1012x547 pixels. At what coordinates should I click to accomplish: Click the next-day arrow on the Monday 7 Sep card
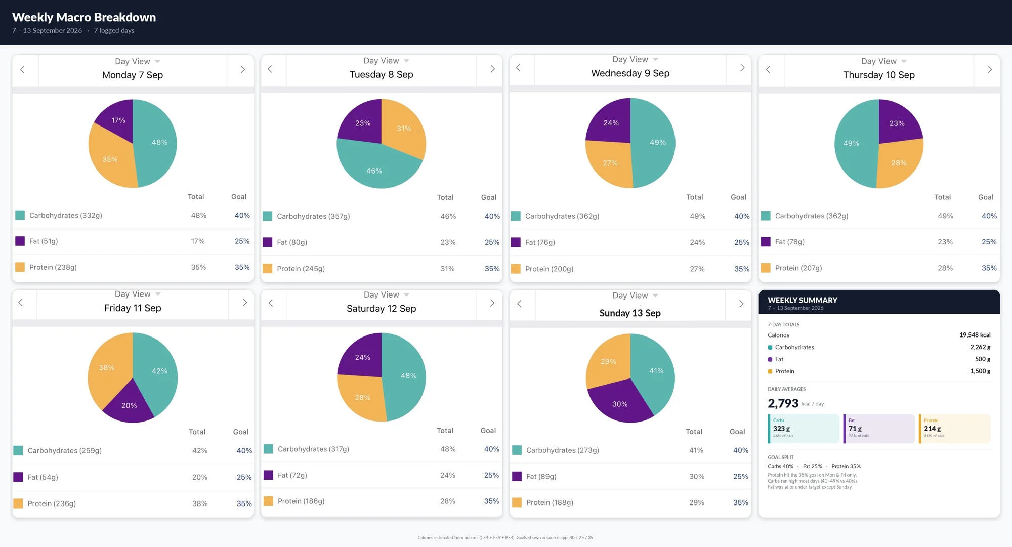tap(242, 69)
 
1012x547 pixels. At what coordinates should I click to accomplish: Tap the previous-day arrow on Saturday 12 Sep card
tap(271, 303)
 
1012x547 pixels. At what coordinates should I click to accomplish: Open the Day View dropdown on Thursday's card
tap(883, 61)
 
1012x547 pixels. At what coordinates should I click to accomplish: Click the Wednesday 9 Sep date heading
tap(630, 73)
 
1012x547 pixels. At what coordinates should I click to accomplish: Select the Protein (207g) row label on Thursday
tap(798, 268)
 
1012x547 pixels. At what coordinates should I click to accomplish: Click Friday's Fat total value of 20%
tap(200, 477)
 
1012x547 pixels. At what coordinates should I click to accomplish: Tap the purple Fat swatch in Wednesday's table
tap(516, 242)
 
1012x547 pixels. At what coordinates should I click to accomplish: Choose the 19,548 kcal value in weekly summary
tap(975, 335)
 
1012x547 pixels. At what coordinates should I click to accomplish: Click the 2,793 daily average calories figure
tap(783, 403)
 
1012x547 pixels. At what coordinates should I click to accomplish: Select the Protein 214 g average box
tap(954, 429)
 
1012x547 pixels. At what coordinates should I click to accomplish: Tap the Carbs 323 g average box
tap(804, 429)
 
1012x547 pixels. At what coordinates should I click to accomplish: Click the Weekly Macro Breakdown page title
tap(84, 17)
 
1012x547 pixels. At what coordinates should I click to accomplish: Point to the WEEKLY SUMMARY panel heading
tap(803, 300)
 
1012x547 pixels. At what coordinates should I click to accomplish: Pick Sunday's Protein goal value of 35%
tap(741, 502)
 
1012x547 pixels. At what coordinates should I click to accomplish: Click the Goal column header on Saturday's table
tap(488, 431)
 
